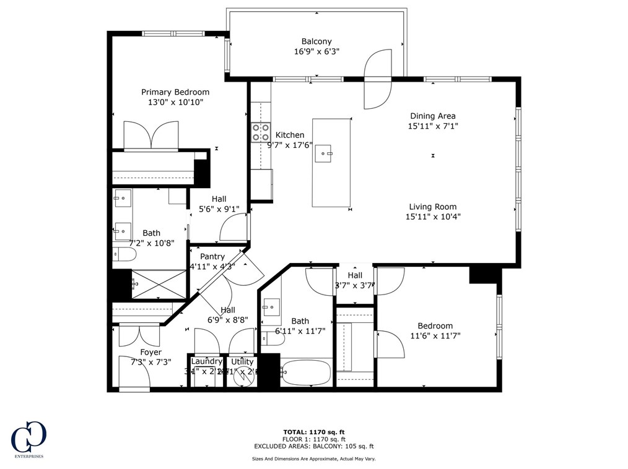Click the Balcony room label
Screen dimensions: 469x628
(316, 41)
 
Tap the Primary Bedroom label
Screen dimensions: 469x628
(175, 92)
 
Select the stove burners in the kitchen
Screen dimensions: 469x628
(260, 132)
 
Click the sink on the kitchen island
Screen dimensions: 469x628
(323, 153)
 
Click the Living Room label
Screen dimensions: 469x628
(432, 207)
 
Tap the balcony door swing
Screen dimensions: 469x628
(377, 79)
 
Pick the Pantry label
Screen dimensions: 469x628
(212, 256)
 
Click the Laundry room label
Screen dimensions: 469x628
(206, 361)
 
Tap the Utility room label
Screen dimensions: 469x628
(242, 361)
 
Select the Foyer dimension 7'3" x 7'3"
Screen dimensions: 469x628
(150, 362)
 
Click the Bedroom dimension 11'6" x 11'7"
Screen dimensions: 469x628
(435, 336)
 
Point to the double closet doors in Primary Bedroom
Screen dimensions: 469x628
(152, 136)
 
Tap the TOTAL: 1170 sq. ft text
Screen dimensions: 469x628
(314, 431)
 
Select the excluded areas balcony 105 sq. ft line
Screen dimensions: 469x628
(314, 446)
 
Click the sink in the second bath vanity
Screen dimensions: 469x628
(271, 306)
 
